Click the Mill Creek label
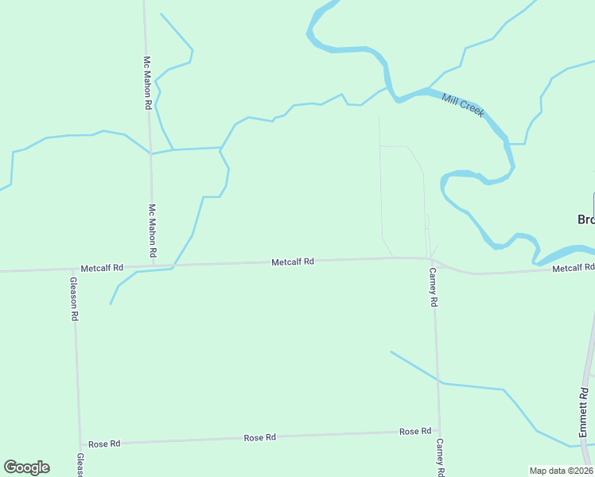463,104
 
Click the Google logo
26,467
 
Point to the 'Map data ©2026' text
561,471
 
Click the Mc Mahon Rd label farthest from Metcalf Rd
147,83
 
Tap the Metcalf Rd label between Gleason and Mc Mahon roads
102,269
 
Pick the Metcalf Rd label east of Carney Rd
573,269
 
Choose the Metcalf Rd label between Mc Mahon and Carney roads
293,262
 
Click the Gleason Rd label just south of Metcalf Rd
74,298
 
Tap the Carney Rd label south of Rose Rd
439,456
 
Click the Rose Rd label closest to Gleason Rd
104,444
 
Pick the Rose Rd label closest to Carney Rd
414,432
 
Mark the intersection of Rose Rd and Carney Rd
438,432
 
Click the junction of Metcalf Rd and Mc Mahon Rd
153,266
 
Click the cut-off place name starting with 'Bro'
585,219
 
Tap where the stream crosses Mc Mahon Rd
150,153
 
